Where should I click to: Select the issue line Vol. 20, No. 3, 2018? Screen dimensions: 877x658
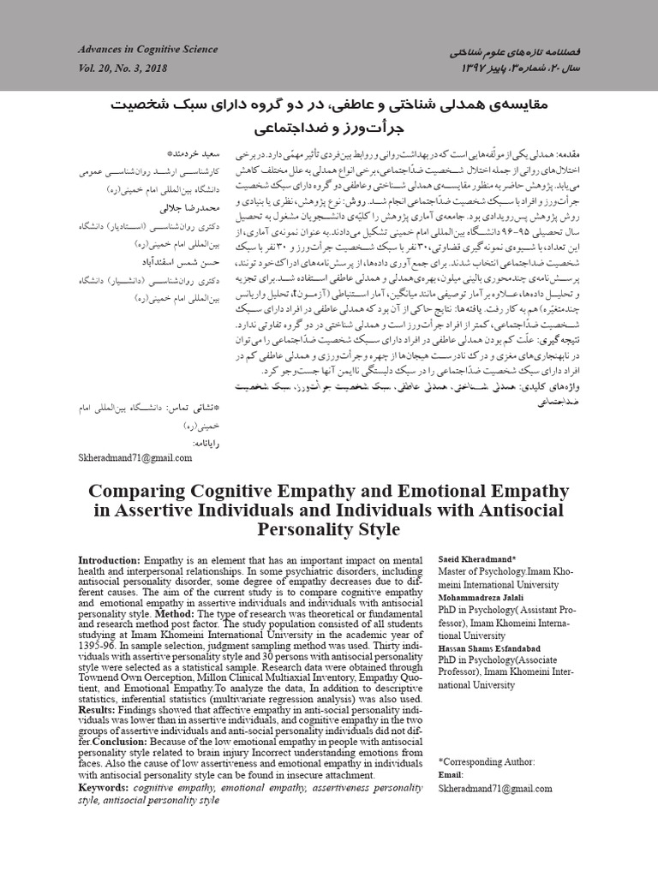[124, 68]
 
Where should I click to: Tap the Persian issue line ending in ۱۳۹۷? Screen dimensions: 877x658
[514, 68]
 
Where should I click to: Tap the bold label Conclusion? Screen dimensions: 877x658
[123, 742]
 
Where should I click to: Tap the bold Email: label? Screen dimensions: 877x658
[452, 773]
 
